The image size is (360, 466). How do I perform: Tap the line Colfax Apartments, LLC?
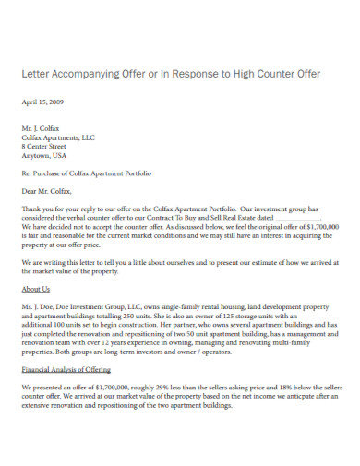[x=57, y=137]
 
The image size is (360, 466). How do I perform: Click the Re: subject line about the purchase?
[x=86, y=173]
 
